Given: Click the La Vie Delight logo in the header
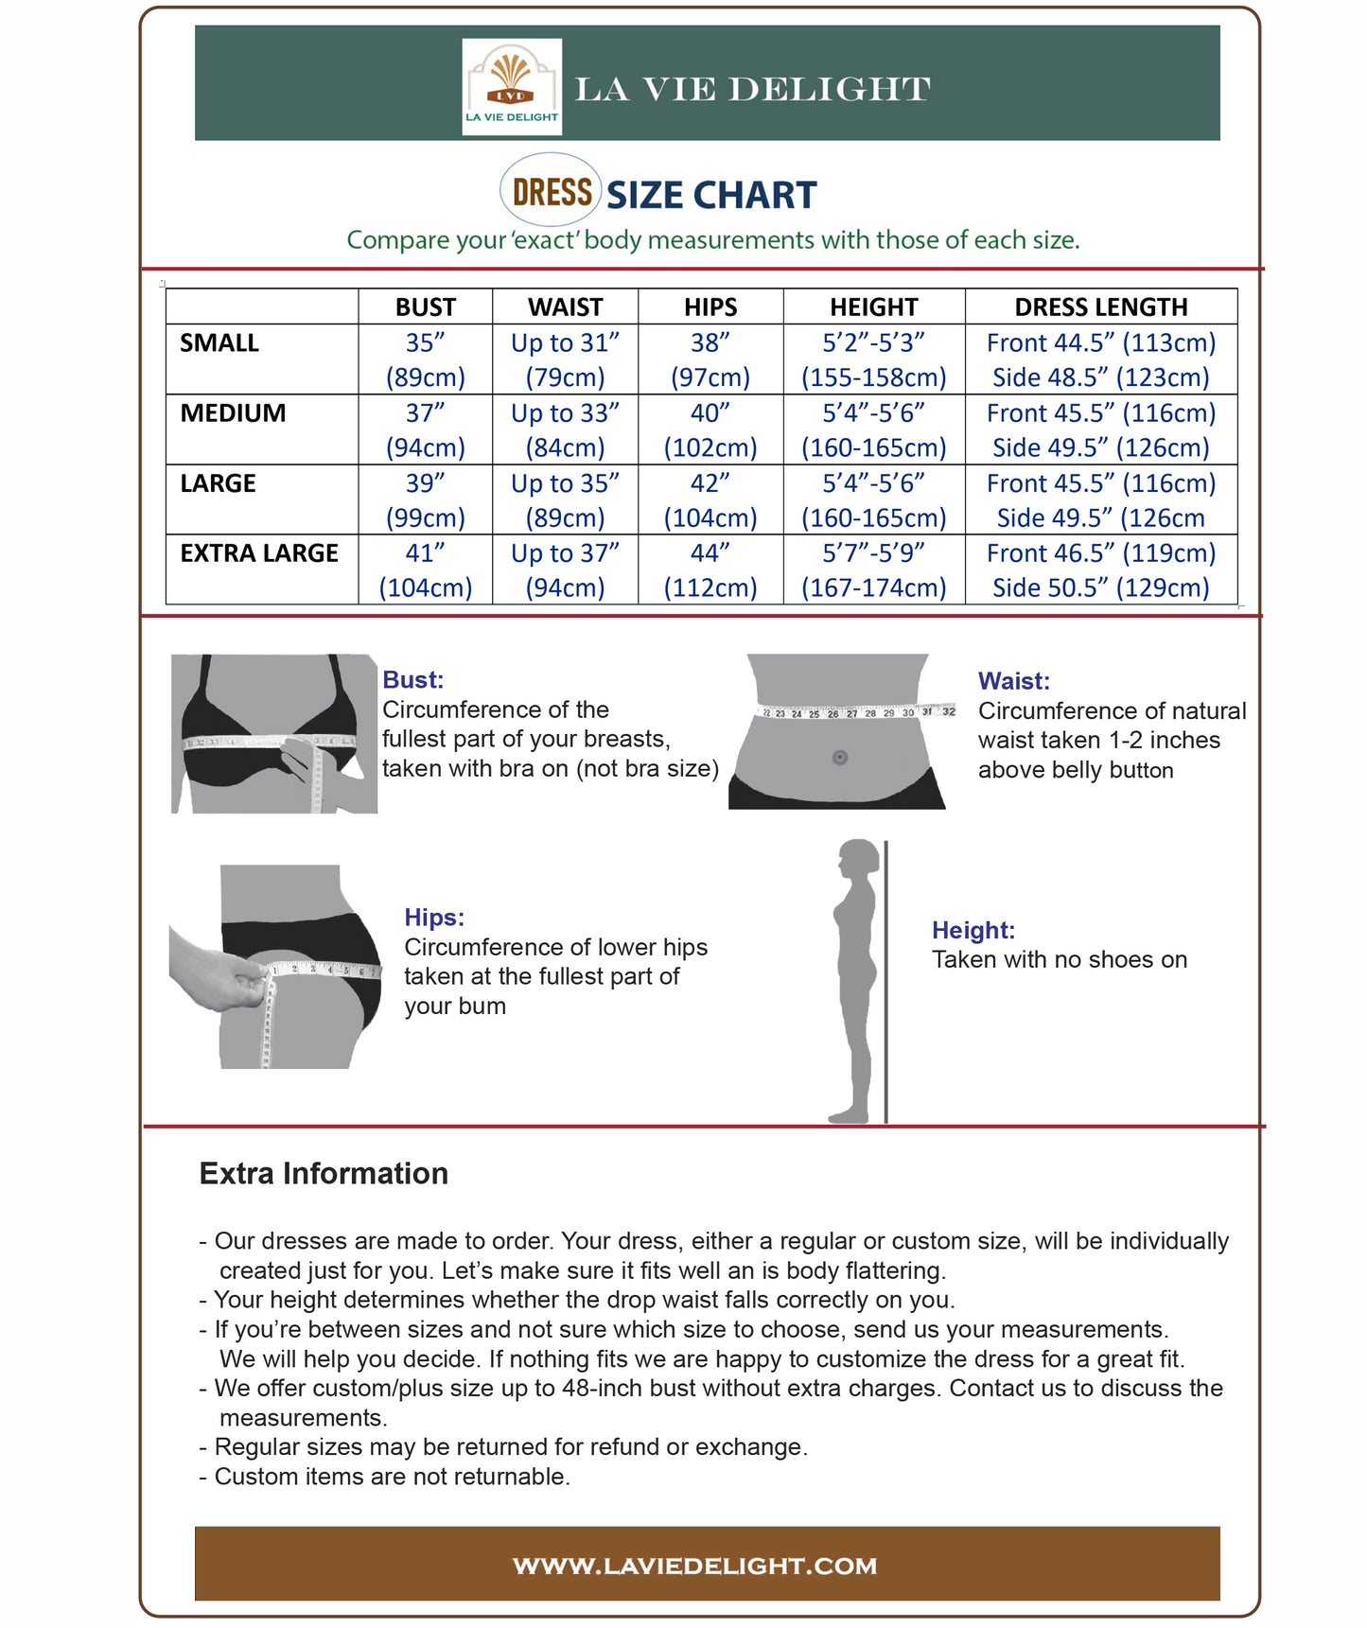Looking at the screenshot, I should [511, 86].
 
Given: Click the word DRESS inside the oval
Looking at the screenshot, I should [552, 192].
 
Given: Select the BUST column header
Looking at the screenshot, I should [425, 306].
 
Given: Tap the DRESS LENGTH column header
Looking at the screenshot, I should [1100, 306].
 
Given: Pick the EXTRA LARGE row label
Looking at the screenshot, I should [259, 553].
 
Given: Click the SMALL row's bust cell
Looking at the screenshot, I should [425, 359].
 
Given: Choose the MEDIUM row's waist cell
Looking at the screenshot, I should [565, 429].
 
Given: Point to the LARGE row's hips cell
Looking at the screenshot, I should [710, 499].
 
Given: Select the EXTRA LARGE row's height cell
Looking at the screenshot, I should [873, 569].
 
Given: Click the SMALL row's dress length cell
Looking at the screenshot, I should [1100, 359].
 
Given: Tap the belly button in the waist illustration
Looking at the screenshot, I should [839, 758].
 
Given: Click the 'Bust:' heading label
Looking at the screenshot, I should [412, 679].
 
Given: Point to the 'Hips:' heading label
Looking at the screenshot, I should [434, 917].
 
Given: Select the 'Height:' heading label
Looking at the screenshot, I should [973, 930].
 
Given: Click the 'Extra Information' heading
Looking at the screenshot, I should [324, 1173].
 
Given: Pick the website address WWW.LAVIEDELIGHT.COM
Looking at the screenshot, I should [694, 1566].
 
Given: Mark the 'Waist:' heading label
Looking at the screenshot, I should [1013, 680].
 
